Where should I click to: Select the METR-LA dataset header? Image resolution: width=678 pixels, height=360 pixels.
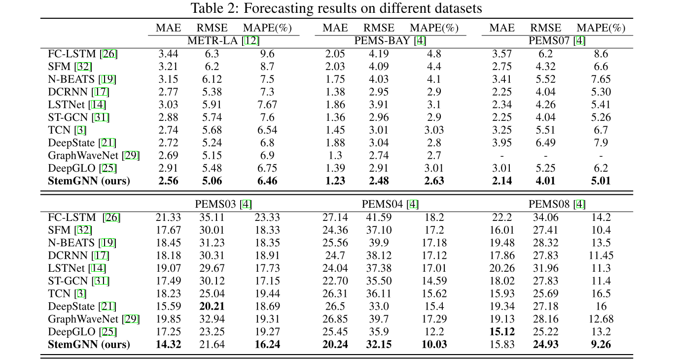click(223, 41)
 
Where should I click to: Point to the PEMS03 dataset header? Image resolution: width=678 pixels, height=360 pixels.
click(223, 204)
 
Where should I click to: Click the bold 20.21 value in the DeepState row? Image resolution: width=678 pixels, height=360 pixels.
click(212, 306)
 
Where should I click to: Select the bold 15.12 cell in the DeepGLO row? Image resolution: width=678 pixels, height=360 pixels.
click(501, 332)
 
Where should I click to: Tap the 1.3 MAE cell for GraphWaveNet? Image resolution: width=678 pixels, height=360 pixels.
click(335, 156)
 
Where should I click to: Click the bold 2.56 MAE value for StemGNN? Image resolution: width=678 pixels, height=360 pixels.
click(168, 181)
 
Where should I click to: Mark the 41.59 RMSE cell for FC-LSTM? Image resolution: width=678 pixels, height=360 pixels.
click(379, 217)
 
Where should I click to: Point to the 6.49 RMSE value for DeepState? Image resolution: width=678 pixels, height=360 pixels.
click(545, 143)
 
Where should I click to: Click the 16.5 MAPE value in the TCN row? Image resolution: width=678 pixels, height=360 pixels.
click(601, 293)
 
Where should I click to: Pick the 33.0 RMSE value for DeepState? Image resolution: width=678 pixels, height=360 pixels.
click(379, 306)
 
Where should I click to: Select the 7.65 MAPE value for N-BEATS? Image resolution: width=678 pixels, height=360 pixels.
click(601, 79)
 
